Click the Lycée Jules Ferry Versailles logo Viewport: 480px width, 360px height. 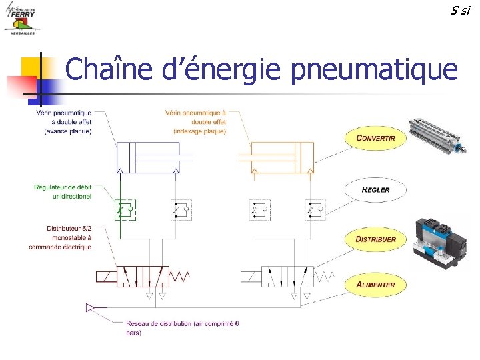click(21, 21)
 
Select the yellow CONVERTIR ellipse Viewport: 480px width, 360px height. click(375, 138)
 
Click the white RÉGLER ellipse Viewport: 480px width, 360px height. click(375, 189)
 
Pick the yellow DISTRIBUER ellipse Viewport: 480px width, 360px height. click(375, 239)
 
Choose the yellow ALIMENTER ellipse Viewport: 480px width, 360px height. click(375, 285)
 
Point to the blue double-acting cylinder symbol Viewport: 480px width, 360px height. click(154, 158)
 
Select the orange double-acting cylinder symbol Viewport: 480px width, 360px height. click(277, 158)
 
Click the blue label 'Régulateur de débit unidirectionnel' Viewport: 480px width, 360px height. click(63, 191)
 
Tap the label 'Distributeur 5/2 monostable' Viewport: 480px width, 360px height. click(60, 237)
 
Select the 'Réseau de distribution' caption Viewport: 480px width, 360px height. click(182, 327)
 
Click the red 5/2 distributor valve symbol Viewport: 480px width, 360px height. click(143, 275)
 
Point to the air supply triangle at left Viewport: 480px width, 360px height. click(91, 307)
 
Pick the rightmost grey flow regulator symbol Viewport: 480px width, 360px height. click(315, 209)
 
